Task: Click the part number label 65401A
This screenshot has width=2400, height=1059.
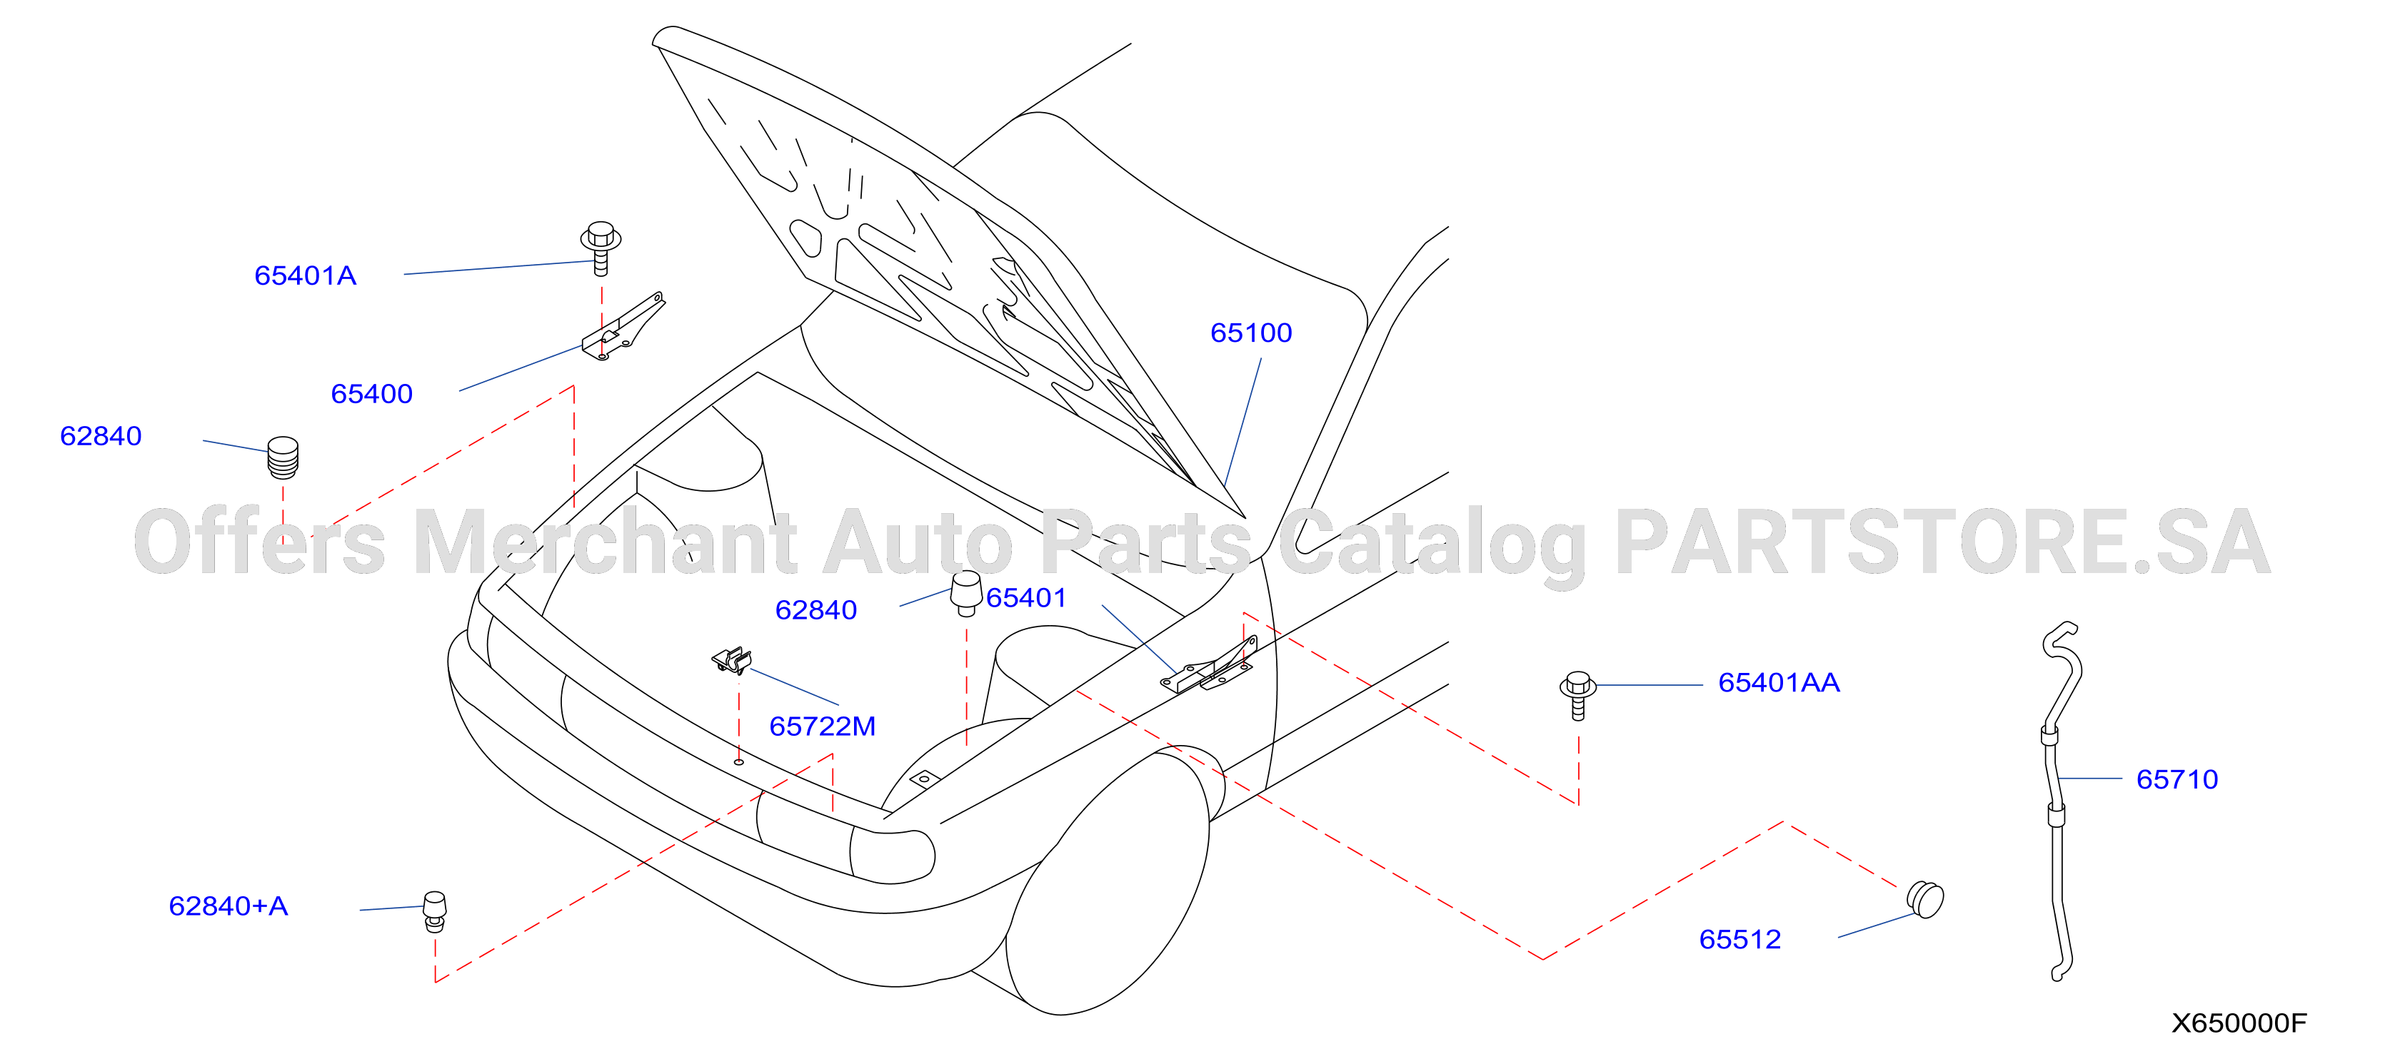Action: pos(306,275)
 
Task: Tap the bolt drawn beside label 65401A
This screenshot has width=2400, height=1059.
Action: pos(601,248)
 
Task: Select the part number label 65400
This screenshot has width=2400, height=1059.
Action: pos(372,394)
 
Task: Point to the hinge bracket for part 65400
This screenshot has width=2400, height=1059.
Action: pos(623,326)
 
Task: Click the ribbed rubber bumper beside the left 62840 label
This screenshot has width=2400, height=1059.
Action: pos(283,457)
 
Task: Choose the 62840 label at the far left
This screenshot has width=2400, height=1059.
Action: pos(101,436)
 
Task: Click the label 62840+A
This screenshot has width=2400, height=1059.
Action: pos(229,906)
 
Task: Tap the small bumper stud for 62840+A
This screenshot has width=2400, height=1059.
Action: pos(434,911)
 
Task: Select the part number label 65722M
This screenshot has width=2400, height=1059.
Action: pos(823,726)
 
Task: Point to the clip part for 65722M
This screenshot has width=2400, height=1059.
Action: pos(733,660)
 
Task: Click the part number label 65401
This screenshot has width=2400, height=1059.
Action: pos(1026,598)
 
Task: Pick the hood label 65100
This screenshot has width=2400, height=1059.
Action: pos(1251,333)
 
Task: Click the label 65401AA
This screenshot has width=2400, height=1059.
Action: pos(1779,683)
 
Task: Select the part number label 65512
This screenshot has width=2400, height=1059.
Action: pos(1739,939)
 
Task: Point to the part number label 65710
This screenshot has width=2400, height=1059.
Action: pos(2177,779)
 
